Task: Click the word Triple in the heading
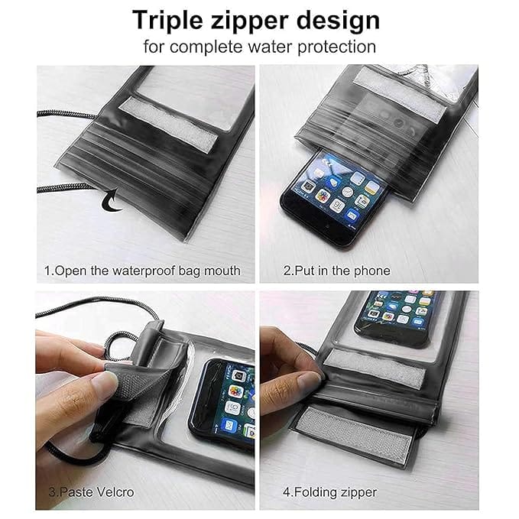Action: coord(167,21)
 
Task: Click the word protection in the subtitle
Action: coord(336,47)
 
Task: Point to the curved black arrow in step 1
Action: coord(112,200)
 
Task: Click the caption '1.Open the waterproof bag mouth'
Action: coord(142,271)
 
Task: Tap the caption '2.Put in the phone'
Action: coord(336,271)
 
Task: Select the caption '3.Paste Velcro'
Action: coord(92,491)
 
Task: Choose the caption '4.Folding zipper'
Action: coord(329,492)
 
